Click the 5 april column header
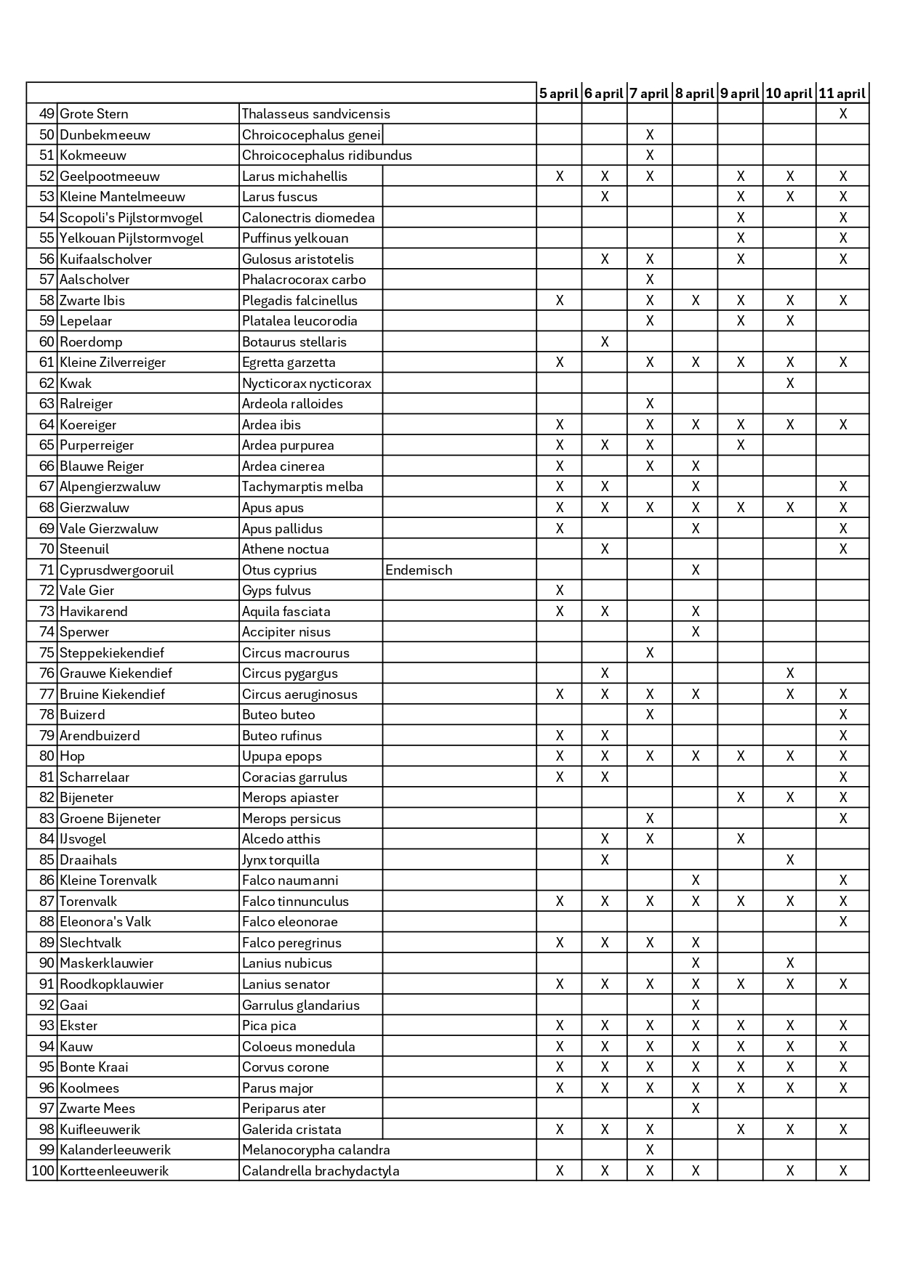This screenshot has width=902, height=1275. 558,93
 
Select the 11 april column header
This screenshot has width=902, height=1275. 842,93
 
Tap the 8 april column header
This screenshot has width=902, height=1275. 694,93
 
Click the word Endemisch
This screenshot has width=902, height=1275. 419,570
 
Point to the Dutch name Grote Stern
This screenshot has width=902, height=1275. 94,114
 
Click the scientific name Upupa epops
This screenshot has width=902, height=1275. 282,756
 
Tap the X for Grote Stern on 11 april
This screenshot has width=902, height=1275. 842,114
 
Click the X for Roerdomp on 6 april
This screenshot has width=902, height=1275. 605,342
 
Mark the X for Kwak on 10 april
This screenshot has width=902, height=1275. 790,384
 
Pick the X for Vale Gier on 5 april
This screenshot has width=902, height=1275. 560,591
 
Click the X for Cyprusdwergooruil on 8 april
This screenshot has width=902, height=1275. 696,570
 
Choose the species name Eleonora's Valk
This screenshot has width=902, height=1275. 105,922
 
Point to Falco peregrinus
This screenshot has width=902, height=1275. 291,943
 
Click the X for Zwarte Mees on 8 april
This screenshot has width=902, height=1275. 696,1109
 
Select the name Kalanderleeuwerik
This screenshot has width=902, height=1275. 116,1150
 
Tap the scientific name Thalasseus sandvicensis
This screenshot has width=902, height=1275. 316,114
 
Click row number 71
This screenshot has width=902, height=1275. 47,570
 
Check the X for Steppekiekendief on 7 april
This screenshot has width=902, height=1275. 650,653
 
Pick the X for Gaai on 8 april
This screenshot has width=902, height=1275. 696,1005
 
